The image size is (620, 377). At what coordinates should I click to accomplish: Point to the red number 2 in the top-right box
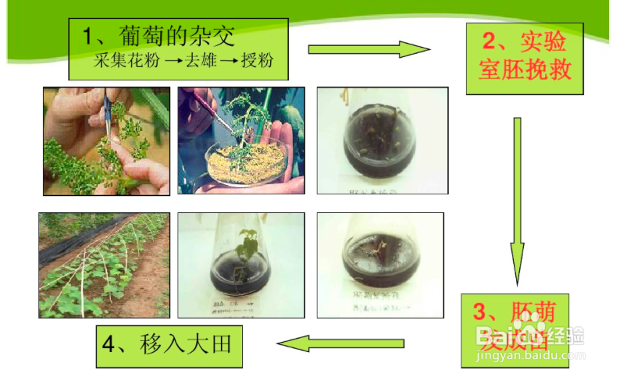[x=489, y=41]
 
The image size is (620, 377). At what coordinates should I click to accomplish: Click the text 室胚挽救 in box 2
[x=525, y=71]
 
